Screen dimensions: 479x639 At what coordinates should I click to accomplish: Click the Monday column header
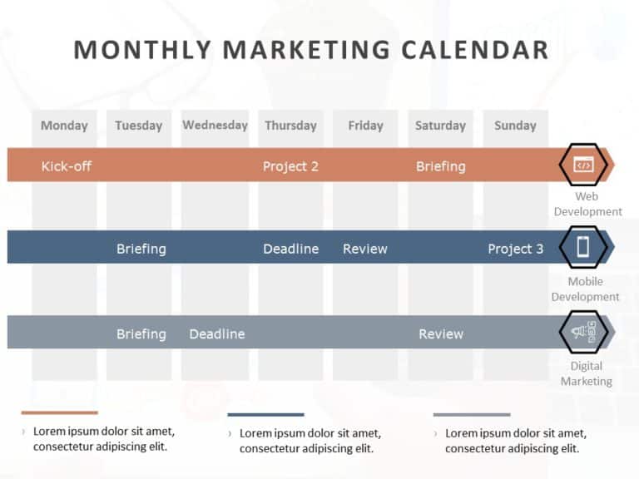[x=64, y=126]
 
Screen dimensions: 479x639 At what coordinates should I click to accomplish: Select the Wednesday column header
[x=215, y=126]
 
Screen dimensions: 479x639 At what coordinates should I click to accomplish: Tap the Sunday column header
[x=515, y=126]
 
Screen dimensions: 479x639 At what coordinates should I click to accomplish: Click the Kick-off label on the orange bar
[x=67, y=166]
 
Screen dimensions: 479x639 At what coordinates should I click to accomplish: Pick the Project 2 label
[x=290, y=166]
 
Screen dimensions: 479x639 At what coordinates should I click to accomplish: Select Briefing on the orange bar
[x=440, y=166]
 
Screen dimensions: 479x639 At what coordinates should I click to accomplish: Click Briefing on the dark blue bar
[x=141, y=249]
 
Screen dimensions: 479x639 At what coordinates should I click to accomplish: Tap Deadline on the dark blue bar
[x=290, y=249]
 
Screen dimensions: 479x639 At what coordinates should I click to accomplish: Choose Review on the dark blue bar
[x=365, y=249]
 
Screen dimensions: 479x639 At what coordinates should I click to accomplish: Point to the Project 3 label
[x=515, y=249]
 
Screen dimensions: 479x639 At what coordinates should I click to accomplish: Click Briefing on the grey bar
[x=141, y=334]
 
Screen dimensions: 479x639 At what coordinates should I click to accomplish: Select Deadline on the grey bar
[x=217, y=334]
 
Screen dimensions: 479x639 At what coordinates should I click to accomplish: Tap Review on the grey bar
[x=440, y=334]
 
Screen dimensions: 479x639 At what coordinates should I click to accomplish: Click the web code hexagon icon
[x=583, y=165]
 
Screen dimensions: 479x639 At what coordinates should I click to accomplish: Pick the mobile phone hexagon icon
[x=583, y=247]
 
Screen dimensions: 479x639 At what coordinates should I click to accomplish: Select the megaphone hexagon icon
[x=583, y=333]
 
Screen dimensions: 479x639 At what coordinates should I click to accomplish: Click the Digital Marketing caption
[x=586, y=373]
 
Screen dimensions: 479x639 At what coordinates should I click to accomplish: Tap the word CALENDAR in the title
[x=474, y=50]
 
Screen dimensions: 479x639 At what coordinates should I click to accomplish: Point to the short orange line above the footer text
[x=59, y=412]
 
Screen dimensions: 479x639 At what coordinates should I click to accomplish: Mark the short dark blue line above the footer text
[x=265, y=414]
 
